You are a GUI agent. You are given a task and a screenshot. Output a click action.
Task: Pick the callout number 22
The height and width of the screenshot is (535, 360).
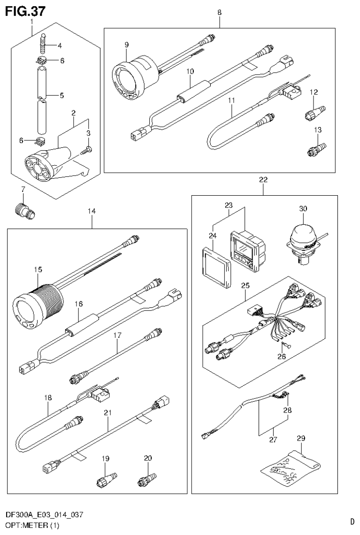263,180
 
